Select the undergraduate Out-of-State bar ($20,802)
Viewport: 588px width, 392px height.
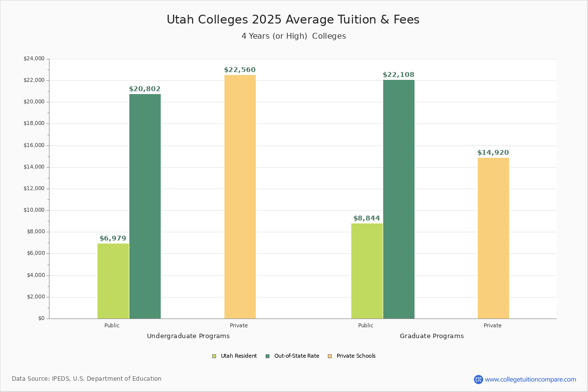[x=145, y=206]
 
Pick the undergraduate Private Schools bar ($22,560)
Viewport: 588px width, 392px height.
[x=240, y=196]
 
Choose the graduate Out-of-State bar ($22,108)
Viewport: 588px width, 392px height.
[x=399, y=199]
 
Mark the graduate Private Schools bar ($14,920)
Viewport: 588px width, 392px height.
[x=493, y=238]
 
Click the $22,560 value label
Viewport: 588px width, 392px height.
[x=240, y=70]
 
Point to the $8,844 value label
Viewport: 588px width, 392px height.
[x=367, y=219]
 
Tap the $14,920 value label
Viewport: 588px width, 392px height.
[x=493, y=153]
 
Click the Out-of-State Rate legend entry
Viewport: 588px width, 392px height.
[x=293, y=356]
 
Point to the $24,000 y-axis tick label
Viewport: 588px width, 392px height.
[x=34, y=59]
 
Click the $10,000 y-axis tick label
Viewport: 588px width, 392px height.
[x=34, y=210]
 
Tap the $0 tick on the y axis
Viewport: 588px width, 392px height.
[x=41, y=318]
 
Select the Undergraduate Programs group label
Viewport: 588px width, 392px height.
[x=188, y=336]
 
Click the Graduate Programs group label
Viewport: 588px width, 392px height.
[x=432, y=336]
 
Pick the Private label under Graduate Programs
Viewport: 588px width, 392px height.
[x=492, y=325]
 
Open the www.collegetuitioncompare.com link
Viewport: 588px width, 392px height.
[x=530, y=379]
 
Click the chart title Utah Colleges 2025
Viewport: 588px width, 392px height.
[x=293, y=20]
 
